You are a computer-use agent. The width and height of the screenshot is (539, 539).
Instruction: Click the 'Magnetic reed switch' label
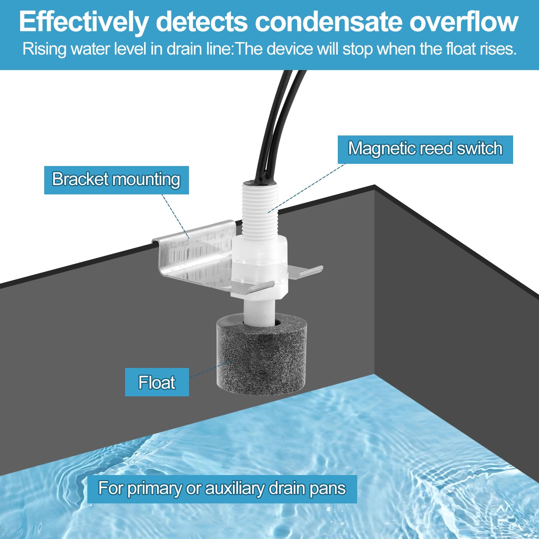pos(425,149)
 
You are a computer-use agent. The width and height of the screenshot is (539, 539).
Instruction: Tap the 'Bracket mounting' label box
pos(116,180)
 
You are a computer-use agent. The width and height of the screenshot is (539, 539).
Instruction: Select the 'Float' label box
pos(157,382)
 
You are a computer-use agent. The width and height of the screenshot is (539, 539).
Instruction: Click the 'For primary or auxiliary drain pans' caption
pos(222,489)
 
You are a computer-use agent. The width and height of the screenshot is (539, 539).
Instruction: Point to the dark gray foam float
pos(261,359)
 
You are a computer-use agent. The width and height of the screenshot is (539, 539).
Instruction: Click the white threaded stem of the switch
pos(259,208)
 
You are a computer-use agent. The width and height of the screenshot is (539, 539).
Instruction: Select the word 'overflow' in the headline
pos(464,22)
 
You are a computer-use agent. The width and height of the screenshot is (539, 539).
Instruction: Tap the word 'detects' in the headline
pos(202,22)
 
